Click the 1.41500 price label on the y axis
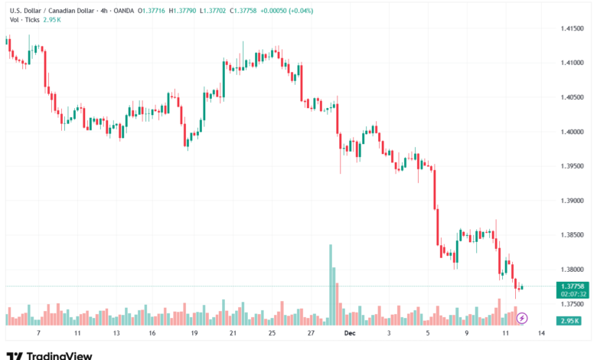(573, 28)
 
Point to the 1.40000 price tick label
(573, 132)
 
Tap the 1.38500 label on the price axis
(573, 235)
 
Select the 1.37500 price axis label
(573, 304)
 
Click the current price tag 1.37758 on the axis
(573, 286)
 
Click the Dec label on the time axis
(350, 334)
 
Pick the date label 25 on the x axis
(272, 334)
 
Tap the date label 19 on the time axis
(194, 334)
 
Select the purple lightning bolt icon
(523, 318)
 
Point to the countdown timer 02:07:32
(573, 293)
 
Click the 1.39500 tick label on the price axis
(573, 166)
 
